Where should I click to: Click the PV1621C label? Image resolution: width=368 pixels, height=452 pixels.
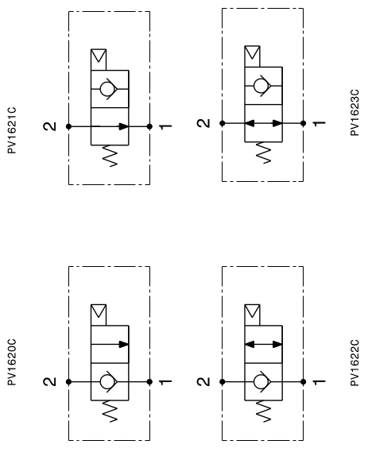12,130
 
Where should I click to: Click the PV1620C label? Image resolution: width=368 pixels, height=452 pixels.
12,362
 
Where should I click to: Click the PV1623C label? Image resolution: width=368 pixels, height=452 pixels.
354,113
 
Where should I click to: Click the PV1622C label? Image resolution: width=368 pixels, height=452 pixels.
354,363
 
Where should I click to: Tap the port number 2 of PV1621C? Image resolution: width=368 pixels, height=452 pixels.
50,126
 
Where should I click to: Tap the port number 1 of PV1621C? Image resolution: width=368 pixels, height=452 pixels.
165,126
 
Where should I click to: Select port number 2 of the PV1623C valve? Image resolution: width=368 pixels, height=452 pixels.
203,123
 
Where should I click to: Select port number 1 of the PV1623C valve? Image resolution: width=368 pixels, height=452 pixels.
320,123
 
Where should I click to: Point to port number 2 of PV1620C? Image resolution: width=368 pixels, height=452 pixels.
50,381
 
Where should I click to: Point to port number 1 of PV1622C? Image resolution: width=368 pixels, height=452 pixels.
320,382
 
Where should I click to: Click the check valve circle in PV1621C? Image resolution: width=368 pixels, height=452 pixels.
107,89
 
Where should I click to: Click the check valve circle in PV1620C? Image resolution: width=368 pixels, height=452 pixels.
107,381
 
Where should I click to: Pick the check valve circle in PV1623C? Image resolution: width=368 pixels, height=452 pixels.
261,86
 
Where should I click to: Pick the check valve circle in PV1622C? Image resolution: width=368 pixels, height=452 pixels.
261,381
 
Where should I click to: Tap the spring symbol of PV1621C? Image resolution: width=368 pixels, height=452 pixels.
110,156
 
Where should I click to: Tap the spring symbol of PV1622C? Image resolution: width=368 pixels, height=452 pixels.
264,411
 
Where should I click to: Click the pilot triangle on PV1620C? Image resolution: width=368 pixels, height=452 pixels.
99,311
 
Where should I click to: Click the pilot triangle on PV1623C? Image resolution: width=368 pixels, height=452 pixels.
252,52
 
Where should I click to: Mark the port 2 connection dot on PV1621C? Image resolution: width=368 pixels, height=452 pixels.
68,126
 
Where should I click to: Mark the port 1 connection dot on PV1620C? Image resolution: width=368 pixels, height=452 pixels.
149,381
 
